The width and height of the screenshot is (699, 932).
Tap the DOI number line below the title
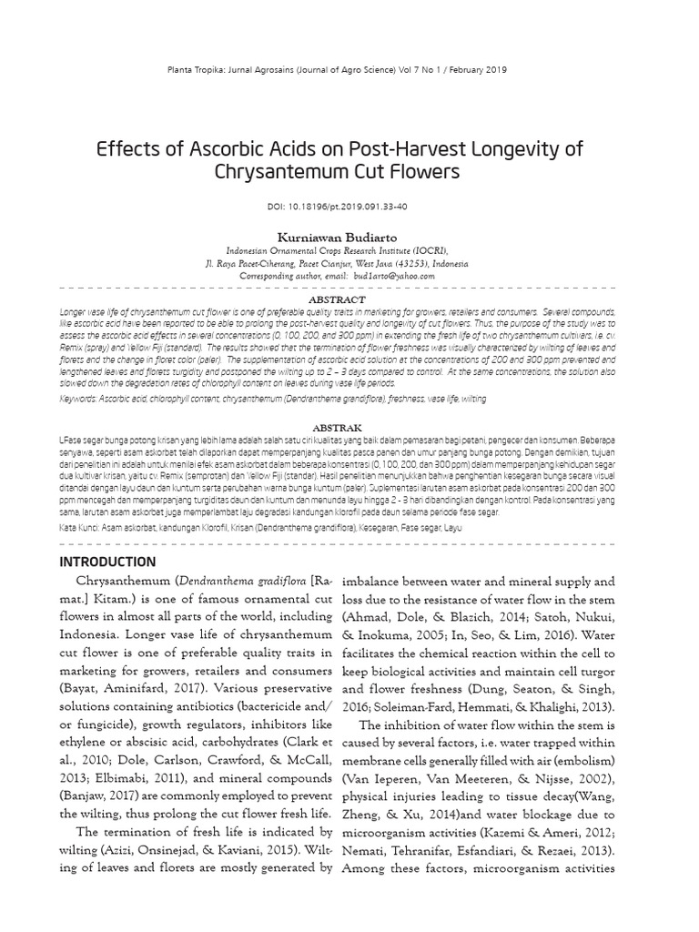point(350,208)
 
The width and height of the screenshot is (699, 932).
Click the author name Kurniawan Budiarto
point(349,237)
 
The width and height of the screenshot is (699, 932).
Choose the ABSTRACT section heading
point(338,299)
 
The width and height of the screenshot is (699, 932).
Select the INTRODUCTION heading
point(107,562)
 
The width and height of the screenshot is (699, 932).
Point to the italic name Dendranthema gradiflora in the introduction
point(236,581)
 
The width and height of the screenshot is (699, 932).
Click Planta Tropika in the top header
point(218,69)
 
